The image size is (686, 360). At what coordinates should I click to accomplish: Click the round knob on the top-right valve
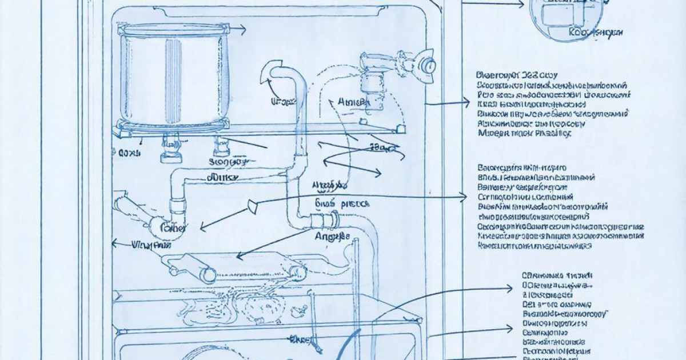click(x=426, y=63)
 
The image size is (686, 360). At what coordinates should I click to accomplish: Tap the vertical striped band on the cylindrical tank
click(x=172, y=77)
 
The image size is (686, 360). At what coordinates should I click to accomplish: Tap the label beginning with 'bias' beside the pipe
click(x=342, y=203)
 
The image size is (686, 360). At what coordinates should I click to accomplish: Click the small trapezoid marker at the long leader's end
click(x=252, y=206)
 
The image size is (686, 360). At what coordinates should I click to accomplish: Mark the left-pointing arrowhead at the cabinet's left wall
click(x=114, y=244)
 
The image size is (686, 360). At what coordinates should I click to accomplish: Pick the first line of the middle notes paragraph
click(x=521, y=168)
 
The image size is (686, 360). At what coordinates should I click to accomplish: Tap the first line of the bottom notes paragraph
click(x=556, y=273)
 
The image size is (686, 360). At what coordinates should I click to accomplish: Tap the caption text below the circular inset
click(x=596, y=33)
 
